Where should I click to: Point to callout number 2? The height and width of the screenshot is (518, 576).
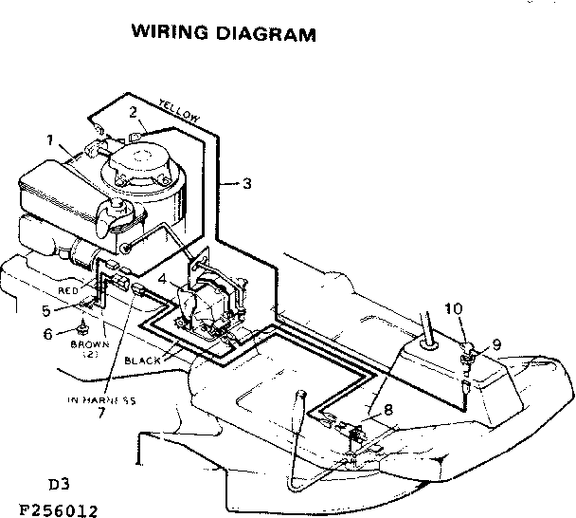[135, 111]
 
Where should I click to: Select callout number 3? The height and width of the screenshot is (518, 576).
[246, 184]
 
